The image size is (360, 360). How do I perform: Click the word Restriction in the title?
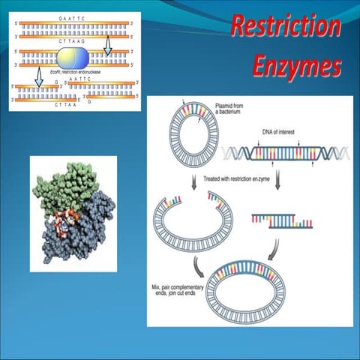(x=285, y=26)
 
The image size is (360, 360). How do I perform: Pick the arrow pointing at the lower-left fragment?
(x=37, y=75)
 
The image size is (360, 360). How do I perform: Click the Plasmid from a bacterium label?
(x=229, y=109)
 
